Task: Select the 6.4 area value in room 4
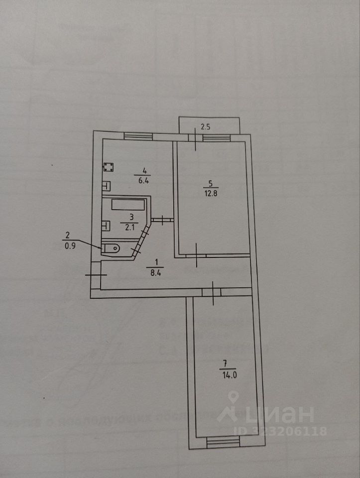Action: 144,181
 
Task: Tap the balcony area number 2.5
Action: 205,126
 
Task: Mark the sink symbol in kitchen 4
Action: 107,186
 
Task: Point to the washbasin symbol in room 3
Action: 106,225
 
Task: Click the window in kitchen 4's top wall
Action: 137,135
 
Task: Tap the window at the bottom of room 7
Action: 223,442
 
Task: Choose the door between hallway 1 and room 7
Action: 213,292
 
